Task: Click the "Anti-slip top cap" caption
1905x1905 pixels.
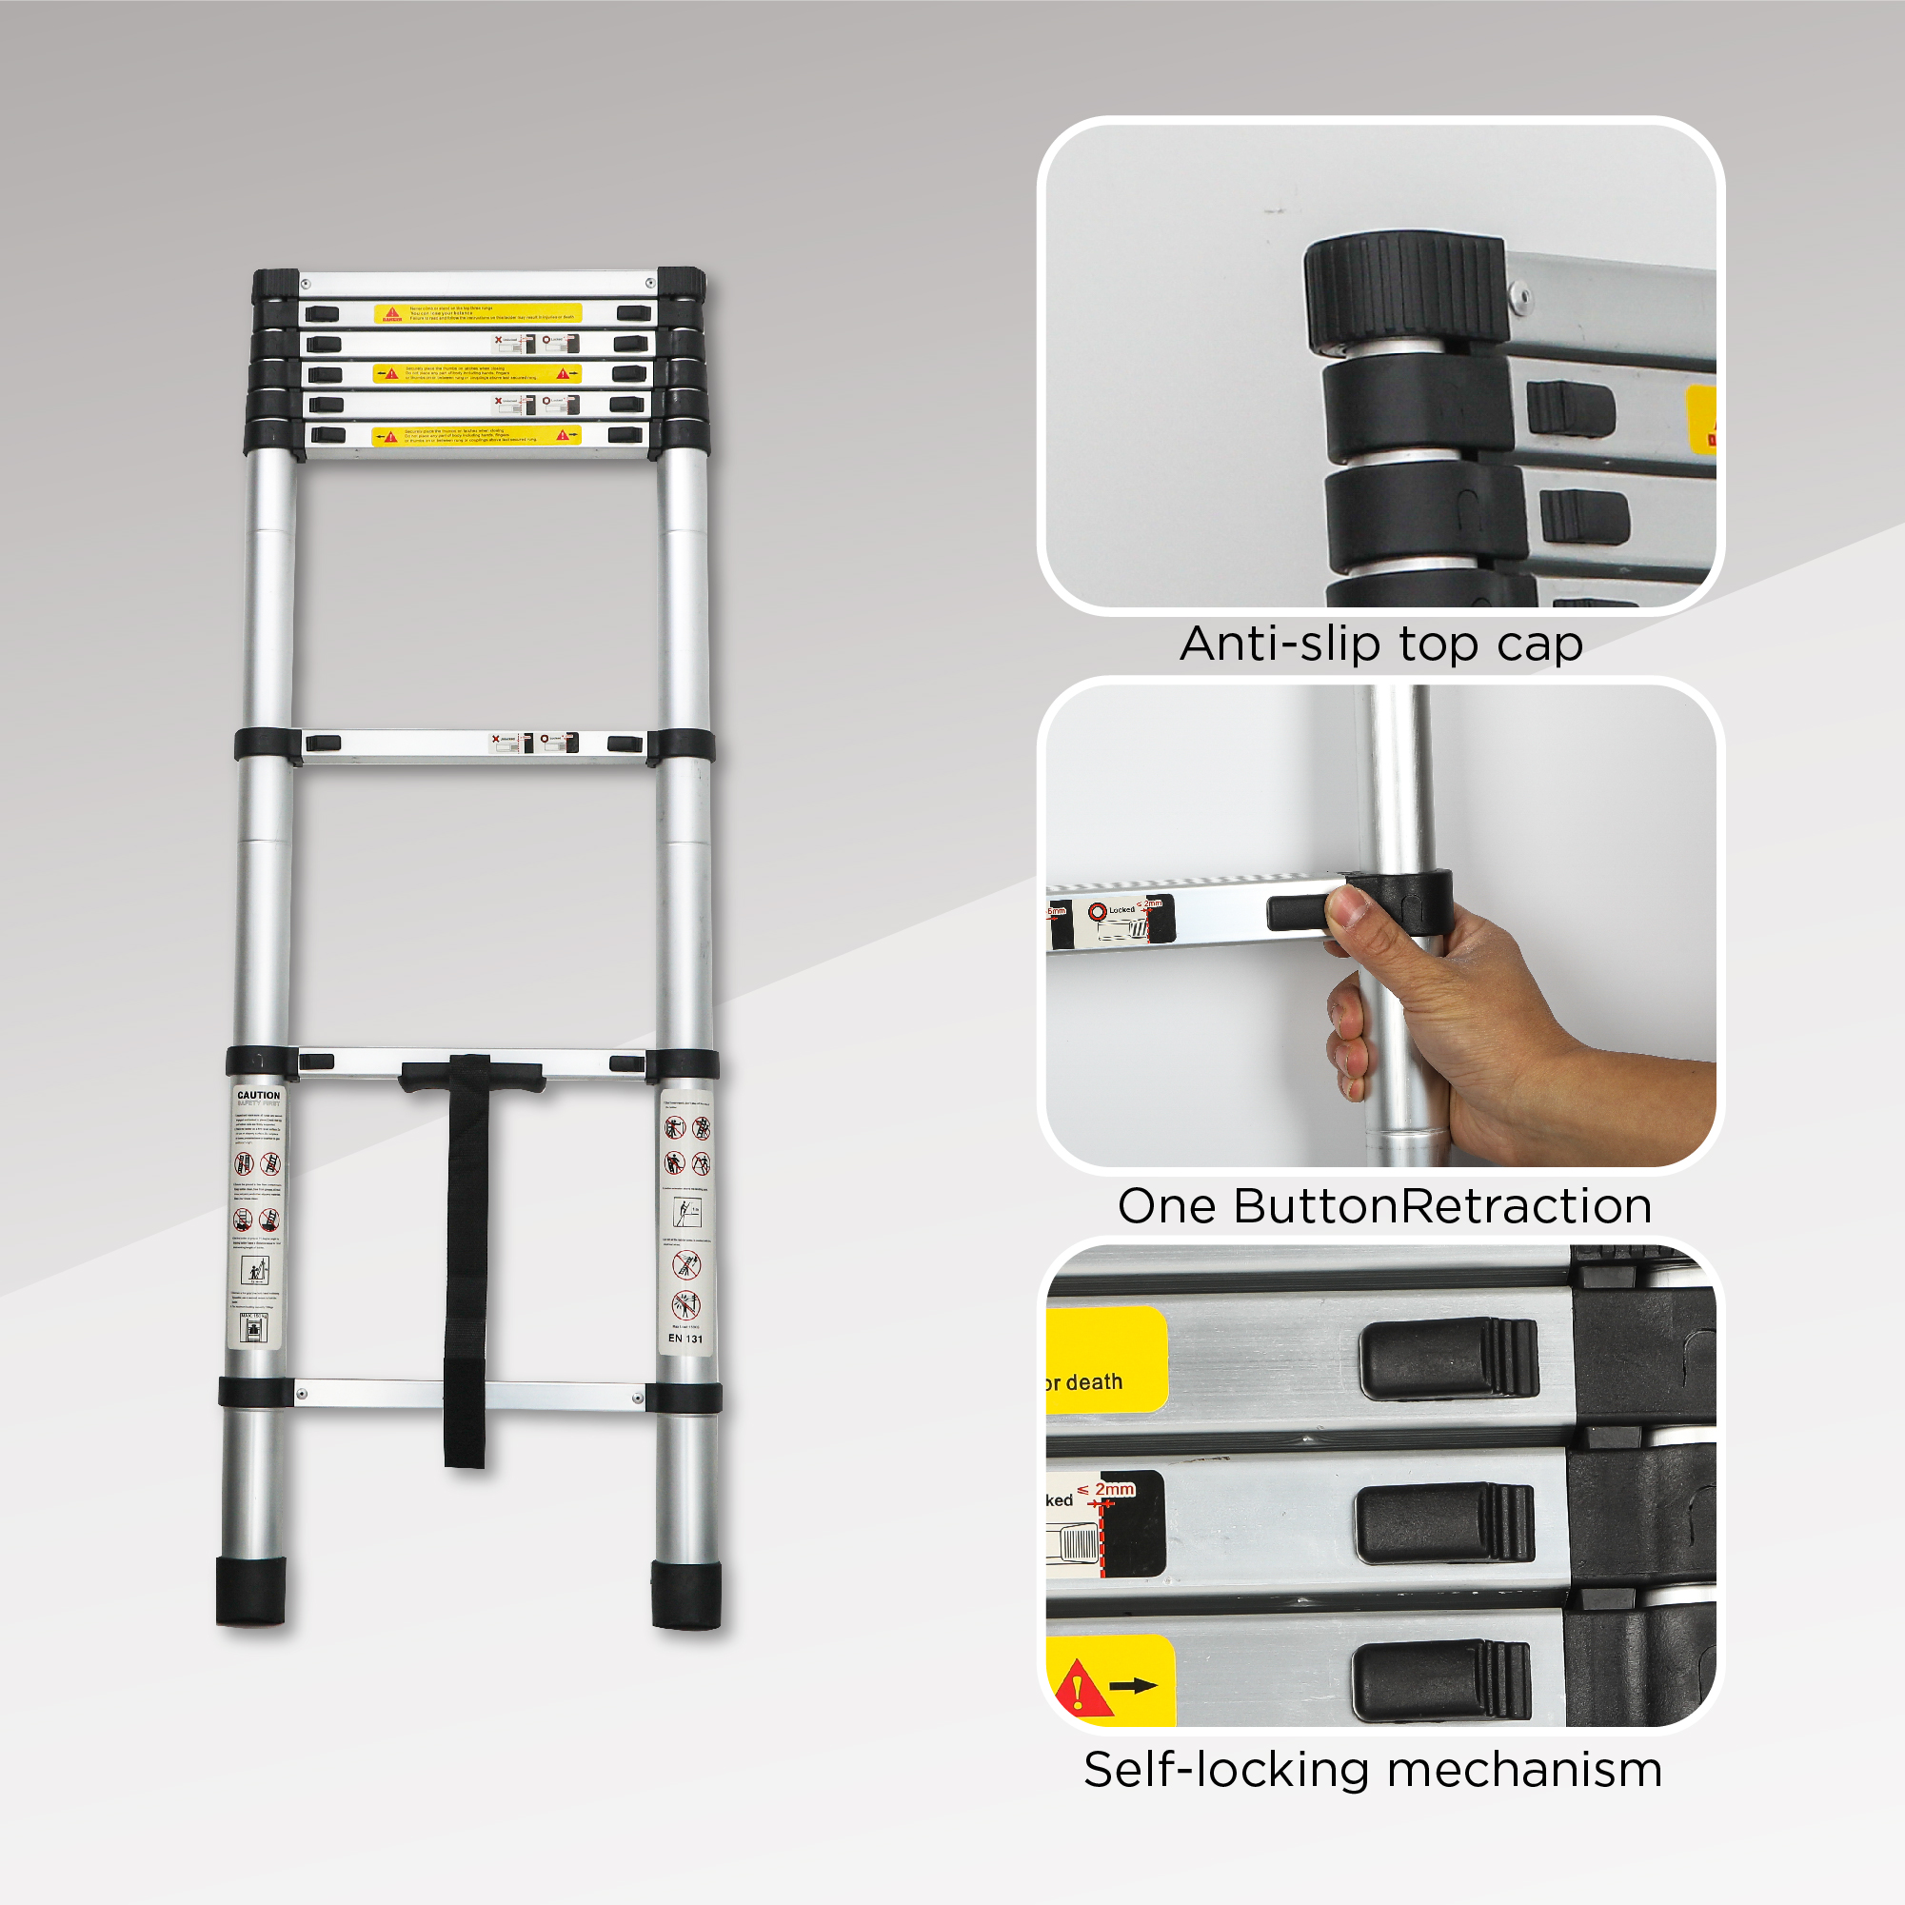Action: pyautogui.click(x=1380, y=645)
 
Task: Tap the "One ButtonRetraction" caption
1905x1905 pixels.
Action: pyautogui.click(x=1384, y=1206)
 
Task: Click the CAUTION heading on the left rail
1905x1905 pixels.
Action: pyautogui.click(x=258, y=1095)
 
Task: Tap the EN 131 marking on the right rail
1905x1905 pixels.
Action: pyautogui.click(x=685, y=1338)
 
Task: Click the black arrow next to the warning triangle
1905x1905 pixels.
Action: pyautogui.click(x=1133, y=1685)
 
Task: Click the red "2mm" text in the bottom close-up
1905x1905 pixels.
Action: pyautogui.click(x=1114, y=1489)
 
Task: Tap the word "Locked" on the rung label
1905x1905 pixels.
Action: pyautogui.click(x=1121, y=910)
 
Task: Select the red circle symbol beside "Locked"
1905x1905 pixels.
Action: pyautogui.click(x=1097, y=911)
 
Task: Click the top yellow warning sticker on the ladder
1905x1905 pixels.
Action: pyautogui.click(x=477, y=313)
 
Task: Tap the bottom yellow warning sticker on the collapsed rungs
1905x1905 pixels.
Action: pyautogui.click(x=476, y=435)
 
